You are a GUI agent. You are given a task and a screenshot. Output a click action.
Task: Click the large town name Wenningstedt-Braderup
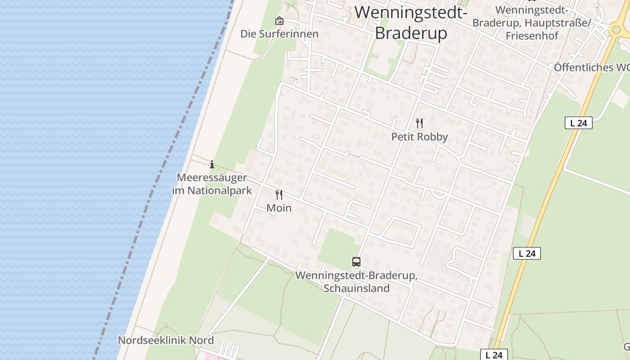(x=410, y=22)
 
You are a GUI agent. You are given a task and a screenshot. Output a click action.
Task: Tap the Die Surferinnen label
(x=279, y=34)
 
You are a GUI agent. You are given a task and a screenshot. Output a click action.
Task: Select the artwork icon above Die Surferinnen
(x=279, y=21)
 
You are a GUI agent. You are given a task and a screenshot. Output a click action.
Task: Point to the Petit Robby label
(x=419, y=137)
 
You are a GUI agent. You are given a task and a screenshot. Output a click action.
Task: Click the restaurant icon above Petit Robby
(x=419, y=123)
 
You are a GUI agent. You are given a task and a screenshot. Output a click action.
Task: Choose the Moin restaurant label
(x=279, y=208)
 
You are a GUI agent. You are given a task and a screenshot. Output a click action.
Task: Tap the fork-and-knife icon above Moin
(x=279, y=195)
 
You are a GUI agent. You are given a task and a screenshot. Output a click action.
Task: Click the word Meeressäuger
(x=211, y=177)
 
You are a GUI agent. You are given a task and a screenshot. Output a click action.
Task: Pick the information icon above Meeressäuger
(x=212, y=164)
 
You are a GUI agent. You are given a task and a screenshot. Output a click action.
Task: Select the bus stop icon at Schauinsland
(x=356, y=261)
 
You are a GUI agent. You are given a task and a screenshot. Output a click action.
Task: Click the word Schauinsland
(x=356, y=288)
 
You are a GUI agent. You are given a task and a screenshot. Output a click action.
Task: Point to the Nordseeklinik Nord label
(x=166, y=340)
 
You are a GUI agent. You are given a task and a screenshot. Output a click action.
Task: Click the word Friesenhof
(x=531, y=36)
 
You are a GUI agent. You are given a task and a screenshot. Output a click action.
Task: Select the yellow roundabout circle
(x=616, y=30)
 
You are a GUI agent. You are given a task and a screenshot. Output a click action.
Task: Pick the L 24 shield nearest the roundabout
(x=578, y=123)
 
